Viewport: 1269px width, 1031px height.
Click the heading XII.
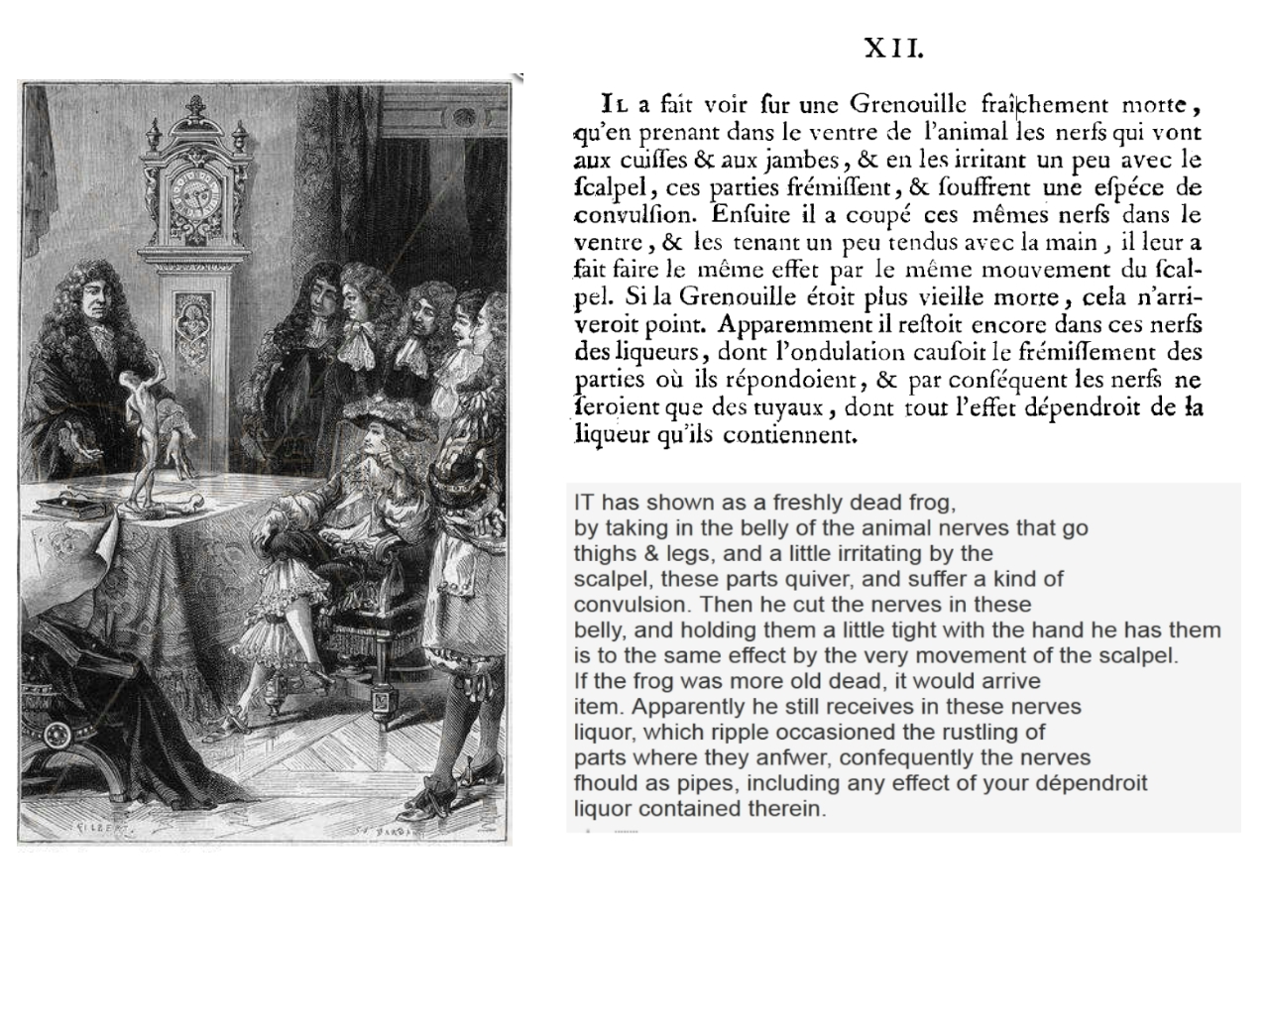point(893,48)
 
